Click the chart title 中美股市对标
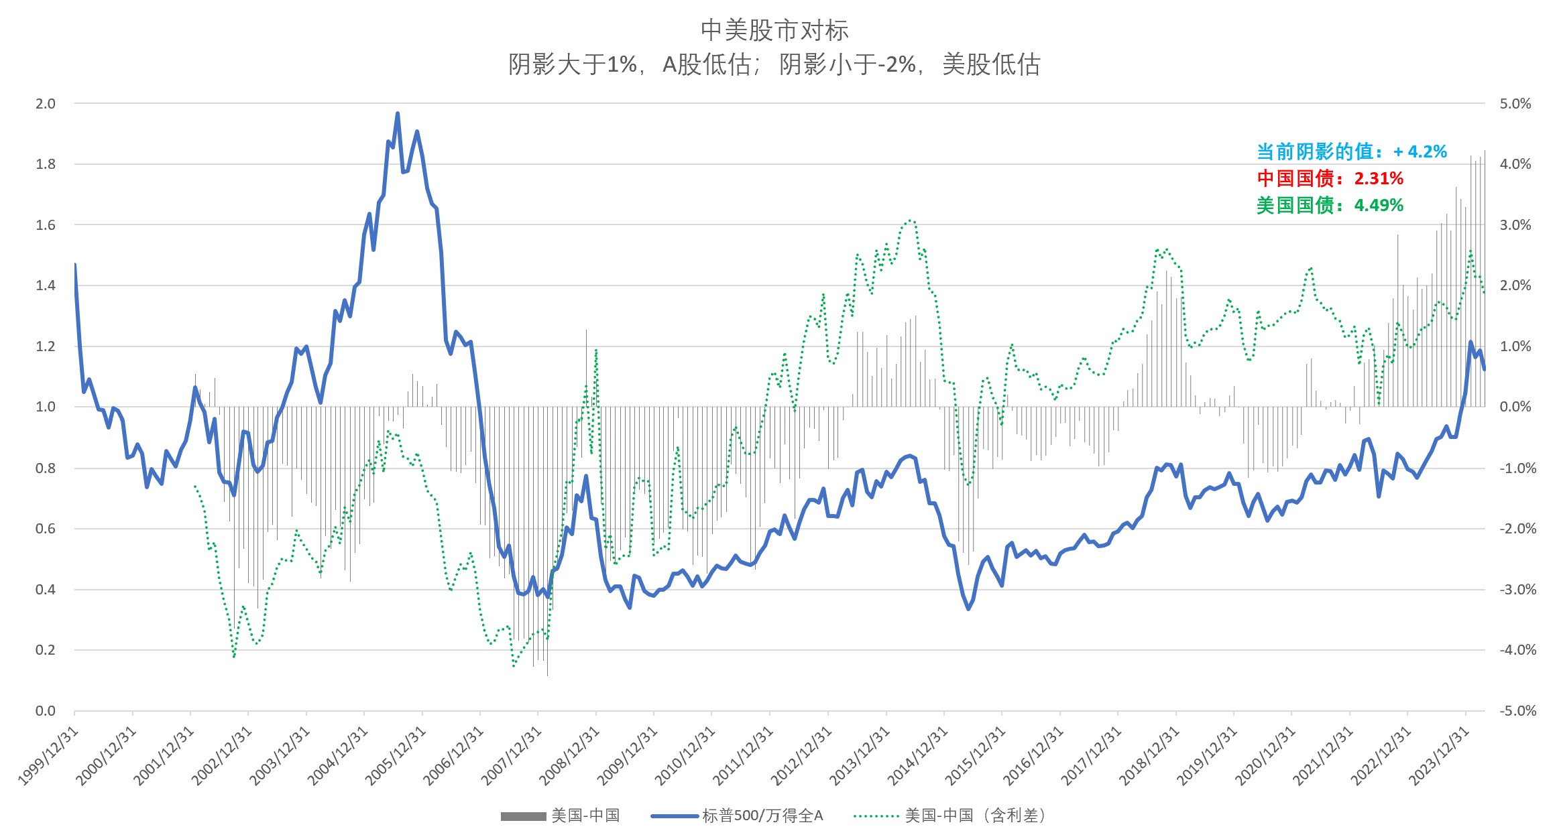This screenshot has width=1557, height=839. [774, 30]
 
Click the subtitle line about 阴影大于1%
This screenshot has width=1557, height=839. [774, 64]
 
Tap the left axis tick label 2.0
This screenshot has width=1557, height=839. [45, 104]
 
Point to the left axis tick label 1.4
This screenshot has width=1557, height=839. [45, 285]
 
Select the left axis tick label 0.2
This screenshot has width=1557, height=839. [45, 650]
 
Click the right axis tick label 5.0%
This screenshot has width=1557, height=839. [1515, 104]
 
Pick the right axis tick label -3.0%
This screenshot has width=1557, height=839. [1517, 590]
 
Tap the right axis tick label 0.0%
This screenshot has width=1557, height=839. [1515, 407]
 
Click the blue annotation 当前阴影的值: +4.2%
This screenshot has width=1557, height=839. [1351, 152]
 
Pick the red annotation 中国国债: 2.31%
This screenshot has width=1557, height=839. [1330, 178]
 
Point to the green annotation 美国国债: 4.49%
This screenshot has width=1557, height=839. [1330, 205]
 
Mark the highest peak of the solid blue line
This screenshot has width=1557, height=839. [398, 114]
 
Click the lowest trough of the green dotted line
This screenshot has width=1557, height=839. [514, 665]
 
